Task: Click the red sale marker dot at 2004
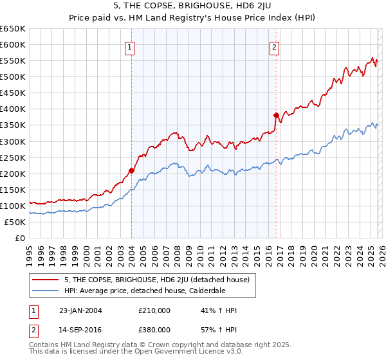coord(131,170)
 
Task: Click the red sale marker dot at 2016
coord(276,116)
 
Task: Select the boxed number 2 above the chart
coord(275,46)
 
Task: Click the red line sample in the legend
coord(46,280)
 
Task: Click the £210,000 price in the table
coord(154,310)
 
